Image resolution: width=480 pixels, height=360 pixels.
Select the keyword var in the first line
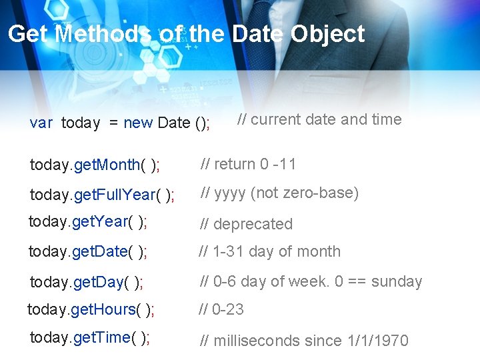tap(41, 123)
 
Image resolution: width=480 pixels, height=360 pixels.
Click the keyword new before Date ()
tap(138, 123)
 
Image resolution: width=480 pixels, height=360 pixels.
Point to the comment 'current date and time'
tap(320, 120)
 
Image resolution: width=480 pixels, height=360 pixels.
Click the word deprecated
tap(253, 225)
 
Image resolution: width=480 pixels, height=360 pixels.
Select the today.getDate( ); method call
tap(88, 251)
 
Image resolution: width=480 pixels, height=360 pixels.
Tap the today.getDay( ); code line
tap(87, 282)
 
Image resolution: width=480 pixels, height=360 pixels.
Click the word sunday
tap(396, 281)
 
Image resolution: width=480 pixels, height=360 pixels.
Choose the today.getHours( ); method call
tap(91, 309)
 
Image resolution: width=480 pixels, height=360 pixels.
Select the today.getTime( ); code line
tap(89, 337)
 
